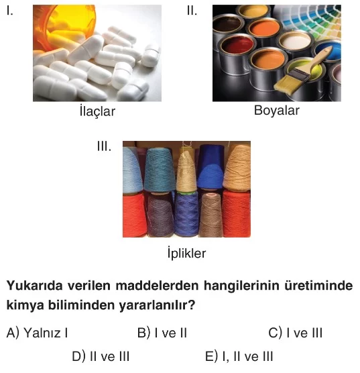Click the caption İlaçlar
click(x=97, y=111)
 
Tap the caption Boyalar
click(x=277, y=111)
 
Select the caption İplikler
click(x=186, y=253)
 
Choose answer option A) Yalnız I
click(x=37, y=333)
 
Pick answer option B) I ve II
click(x=162, y=333)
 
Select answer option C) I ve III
click(x=296, y=333)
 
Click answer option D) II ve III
click(x=101, y=356)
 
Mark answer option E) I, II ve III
click(x=239, y=356)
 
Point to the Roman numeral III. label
click(x=104, y=146)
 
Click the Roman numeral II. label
click(x=192, y=11)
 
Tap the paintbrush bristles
click(x=287, y=85)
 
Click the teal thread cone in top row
click(x=160, y=170)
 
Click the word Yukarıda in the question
click(x=34, y=286)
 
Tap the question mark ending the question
click(x=192, y=305)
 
